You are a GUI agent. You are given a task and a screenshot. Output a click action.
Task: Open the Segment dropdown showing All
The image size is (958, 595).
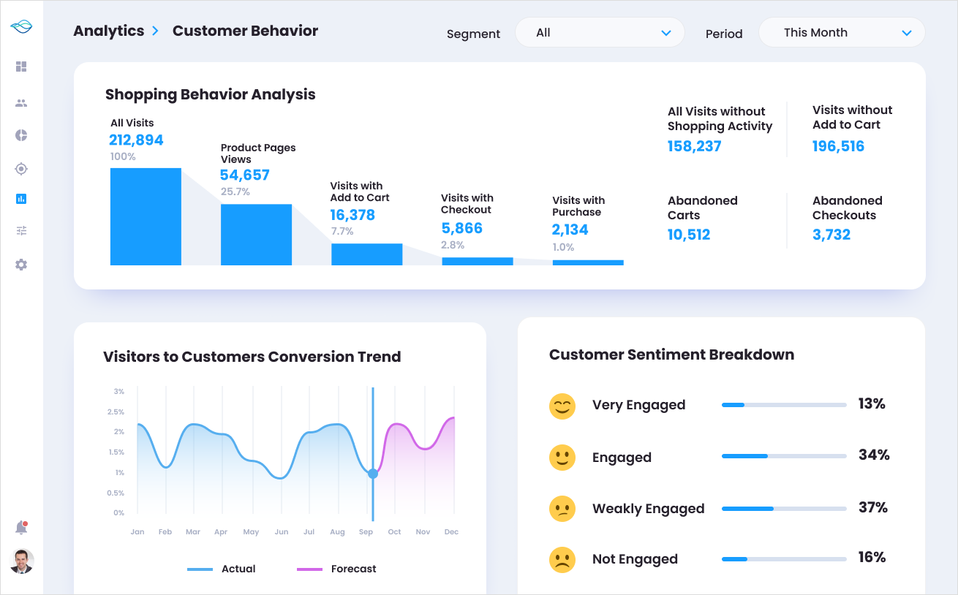coord(600,33)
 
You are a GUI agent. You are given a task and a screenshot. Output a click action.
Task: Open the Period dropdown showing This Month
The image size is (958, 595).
coord(842,33)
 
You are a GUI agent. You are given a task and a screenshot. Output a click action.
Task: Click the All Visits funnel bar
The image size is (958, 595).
coord(146,216)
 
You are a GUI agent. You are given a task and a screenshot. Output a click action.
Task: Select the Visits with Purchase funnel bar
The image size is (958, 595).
coord(588,262)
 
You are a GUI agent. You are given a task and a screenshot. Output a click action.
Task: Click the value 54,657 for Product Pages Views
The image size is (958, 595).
coord(244,175)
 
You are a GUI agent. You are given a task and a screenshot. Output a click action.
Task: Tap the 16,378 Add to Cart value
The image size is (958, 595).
coord(352,215)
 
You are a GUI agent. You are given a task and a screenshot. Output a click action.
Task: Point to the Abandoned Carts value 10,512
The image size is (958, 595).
coord(689,235)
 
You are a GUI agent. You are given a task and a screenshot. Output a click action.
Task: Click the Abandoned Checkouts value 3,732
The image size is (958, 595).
coord(831,235)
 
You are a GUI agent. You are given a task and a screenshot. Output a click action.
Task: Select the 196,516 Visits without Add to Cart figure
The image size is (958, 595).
coord(838,146)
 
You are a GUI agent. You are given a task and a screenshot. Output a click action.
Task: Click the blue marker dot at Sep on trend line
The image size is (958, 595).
coord(373,474)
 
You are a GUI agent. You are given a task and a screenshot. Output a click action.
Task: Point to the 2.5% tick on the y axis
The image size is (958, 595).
coord(116,412)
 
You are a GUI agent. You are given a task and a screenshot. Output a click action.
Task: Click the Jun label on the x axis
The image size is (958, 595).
coord(282,532)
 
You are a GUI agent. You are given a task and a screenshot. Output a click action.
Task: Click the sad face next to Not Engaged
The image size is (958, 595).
coord(562,559)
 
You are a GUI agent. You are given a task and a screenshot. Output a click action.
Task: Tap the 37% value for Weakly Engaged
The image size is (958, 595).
coord(872,507)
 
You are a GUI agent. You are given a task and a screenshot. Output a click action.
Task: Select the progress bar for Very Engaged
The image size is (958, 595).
coord(784,404)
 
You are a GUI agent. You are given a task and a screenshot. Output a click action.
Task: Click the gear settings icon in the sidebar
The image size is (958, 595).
coord(21,265)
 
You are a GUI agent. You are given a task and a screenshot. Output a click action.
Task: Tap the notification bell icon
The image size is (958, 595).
coord(21,528)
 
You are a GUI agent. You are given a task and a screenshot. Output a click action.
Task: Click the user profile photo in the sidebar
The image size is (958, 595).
coord(22,561)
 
